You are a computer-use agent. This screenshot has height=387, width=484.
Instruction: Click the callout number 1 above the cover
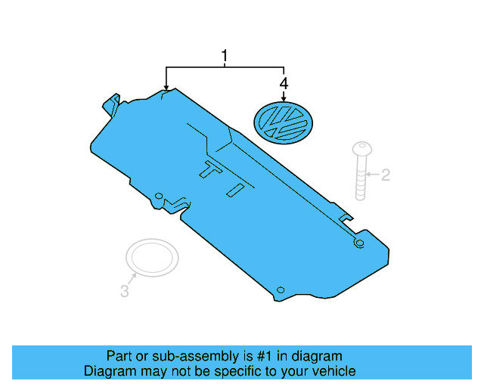[x=224, y=57]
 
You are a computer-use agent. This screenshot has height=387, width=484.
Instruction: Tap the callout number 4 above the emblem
[x=284, y=82]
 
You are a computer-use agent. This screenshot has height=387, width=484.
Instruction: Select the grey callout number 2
[x=385, y=175]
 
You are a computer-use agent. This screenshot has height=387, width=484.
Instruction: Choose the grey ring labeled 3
[x=152, y=258]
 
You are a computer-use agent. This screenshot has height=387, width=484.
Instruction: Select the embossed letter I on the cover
[x=236, y=189]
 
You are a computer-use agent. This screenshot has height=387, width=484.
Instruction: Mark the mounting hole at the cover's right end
[x=359, y=243]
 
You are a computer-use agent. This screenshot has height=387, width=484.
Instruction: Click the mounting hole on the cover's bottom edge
[x=280, y=290]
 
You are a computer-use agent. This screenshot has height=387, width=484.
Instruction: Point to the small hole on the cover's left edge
[x=158, y=197]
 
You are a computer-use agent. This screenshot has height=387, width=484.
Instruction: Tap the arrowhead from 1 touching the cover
[x=166, y=88]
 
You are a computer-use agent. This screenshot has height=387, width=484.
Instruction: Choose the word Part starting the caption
[x=119, y=356]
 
